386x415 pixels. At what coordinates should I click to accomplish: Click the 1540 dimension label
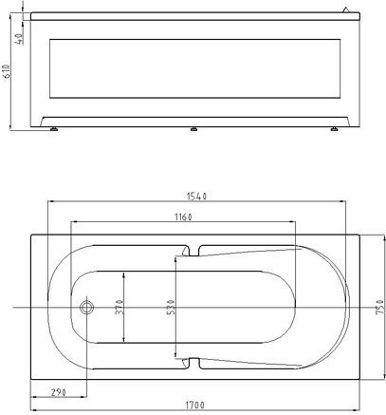(x=196, y=197)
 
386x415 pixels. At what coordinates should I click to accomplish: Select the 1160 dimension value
(x=183, y=217)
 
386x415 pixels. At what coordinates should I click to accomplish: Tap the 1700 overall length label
(x=194, y=405)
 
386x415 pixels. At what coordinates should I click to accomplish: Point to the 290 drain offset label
(x=59, y=392)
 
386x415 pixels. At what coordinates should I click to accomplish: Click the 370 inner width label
(x=119, y=307)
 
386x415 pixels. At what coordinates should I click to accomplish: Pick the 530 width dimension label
(x=171, y=307)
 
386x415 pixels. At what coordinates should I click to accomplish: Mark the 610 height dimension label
(x=7, y=71)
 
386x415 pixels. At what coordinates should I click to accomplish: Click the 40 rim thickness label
(x=19, y=39)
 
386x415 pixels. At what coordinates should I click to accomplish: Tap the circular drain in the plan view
(x=86, y=307)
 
